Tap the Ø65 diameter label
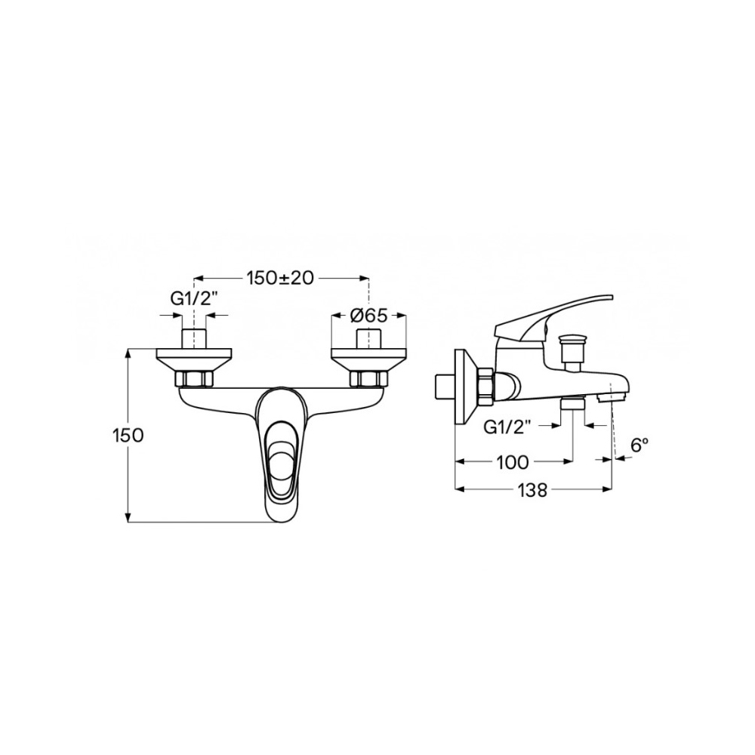[369, 316]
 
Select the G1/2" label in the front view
[194, 299]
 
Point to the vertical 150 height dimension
[128, 436]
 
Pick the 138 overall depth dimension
[533, 490]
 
